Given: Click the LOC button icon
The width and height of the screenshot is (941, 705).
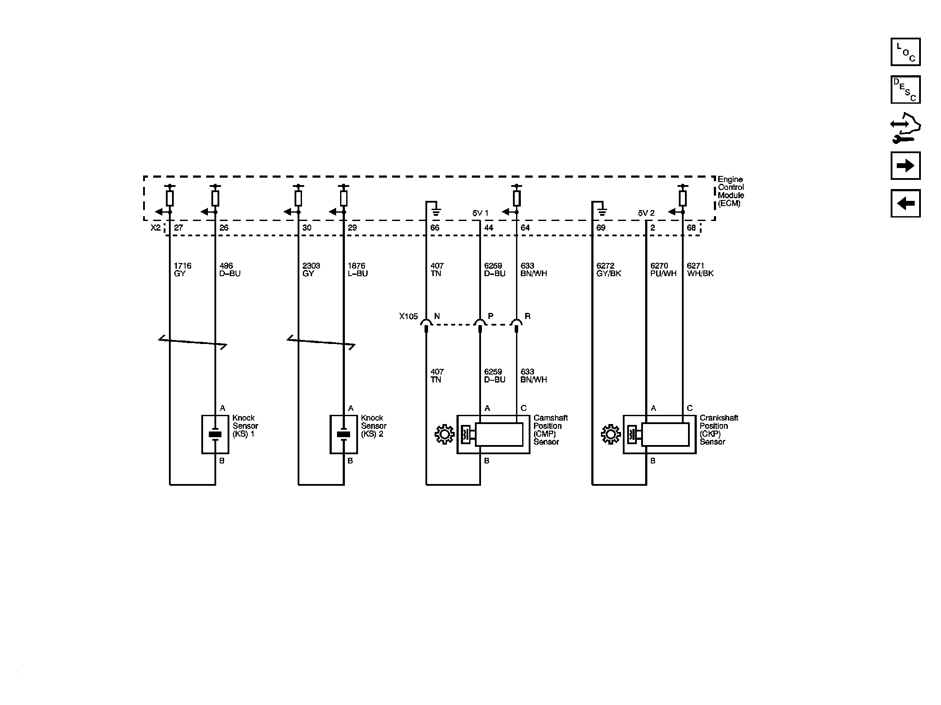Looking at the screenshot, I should (x=905, y=52).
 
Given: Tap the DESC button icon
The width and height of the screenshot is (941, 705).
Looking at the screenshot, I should (x=905, y=90).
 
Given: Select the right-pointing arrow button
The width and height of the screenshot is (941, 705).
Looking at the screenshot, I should (x=905, y=166).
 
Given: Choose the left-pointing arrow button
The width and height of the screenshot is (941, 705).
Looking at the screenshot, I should (x=905, y=203).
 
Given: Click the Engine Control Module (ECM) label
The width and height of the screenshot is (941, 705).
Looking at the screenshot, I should (x=730, y=191).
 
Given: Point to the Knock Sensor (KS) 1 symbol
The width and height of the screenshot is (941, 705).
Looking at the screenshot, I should (x=215, y=434).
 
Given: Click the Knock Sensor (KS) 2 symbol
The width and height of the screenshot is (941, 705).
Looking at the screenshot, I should (x=344, y=434).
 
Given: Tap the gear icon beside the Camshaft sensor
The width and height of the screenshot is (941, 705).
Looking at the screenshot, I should (x=445, y=435).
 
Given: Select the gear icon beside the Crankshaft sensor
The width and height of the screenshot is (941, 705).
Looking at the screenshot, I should (x=611, y=435).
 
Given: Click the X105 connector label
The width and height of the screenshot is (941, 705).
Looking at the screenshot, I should (x=408, y=316).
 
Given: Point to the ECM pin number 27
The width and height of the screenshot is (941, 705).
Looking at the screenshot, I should (x=178, y=228).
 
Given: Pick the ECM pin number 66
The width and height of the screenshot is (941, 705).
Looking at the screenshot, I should (x=435, y=228).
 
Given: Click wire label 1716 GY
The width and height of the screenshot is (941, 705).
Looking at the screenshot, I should (x=182, y=270).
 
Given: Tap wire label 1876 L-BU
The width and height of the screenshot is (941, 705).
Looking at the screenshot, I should (x=357, y=270).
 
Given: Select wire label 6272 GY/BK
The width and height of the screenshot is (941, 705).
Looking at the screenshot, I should (x=608, y=270).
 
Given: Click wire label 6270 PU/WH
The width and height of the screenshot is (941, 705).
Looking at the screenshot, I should (x=663, y=270).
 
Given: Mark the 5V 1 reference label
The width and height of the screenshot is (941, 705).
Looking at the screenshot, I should (x=480, y=213).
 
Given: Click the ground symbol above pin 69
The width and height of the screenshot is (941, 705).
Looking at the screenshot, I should (x=602, y=213).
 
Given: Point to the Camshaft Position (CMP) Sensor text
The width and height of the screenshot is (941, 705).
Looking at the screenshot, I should (x=550, y=430).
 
